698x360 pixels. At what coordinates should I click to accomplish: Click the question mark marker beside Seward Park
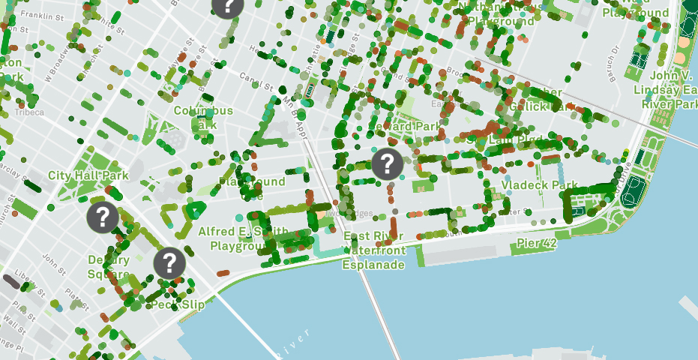click(x=387, y=163)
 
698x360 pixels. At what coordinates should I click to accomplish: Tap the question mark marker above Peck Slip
click(x=169, y=263)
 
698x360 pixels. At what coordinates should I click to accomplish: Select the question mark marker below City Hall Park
click(x=102, y=217)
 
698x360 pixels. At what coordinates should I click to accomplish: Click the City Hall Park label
click(x=88, y=175)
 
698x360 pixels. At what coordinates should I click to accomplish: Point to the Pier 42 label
click(x=537, y=244)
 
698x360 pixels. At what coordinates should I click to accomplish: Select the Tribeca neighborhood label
click(x=29, y=112)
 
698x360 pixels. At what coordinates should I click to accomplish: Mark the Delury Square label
click(x=109, y=266)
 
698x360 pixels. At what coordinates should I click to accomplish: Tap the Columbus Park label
click(x=203, y=118)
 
